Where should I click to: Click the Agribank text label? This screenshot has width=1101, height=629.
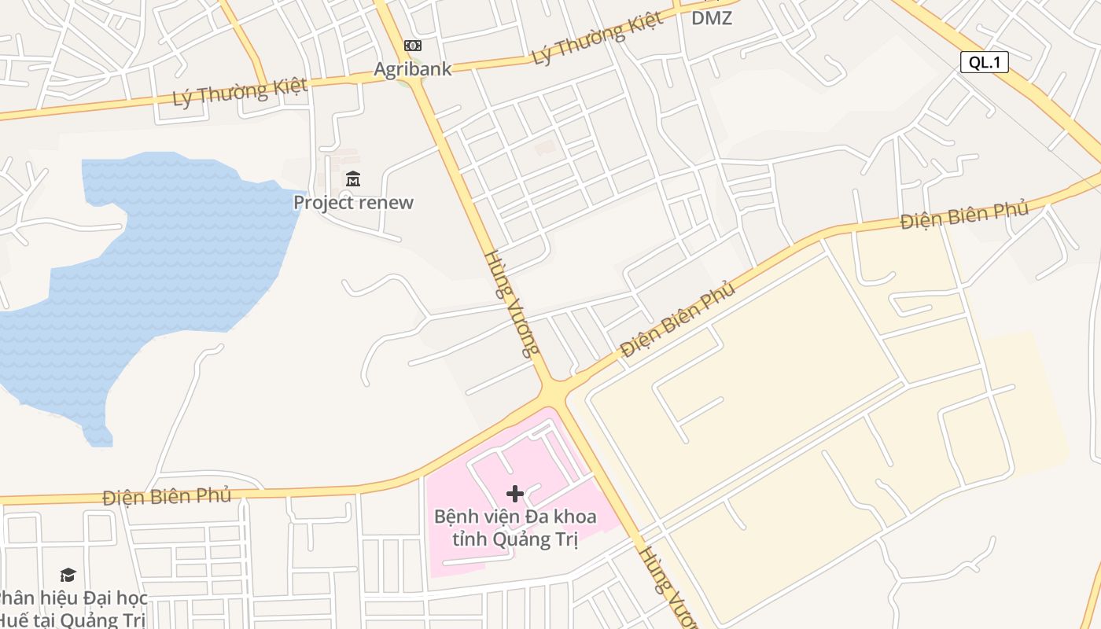pyautogui.click(x=412, y=69)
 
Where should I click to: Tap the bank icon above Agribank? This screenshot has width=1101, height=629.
pyautogui.click(x=412, y=46)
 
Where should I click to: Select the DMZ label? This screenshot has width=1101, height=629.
pyautogui.click(x=712, y=17)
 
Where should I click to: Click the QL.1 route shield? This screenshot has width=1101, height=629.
pyautogui.click(x=984, y=62)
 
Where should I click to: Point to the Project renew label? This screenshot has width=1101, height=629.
pyautogui.click(x=353, y=202)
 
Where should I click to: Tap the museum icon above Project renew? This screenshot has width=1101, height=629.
pyautogui.click(x=353, y=179)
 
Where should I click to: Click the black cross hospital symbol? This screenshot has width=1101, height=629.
pyautogui.click(x=515, y=494)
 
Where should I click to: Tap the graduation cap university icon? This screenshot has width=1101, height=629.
pyautogui.click(x=68, y=576)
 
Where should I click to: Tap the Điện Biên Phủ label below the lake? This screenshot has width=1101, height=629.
pyautogui.click(x=167, y=496)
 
